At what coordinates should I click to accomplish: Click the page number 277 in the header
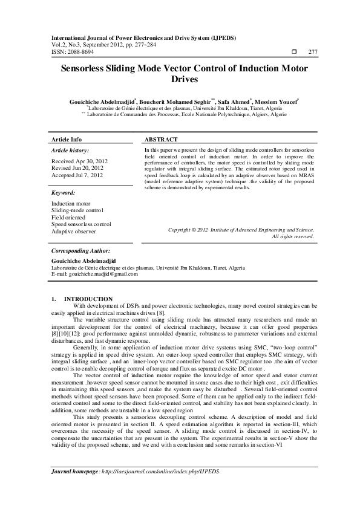(312, 53)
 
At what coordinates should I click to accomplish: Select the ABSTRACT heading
(161, 138)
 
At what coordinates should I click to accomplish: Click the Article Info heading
(67, 138)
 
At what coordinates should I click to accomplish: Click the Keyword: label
(63, 192)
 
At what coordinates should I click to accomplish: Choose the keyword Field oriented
(68, 217)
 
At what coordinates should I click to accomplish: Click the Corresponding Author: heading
(80, 250)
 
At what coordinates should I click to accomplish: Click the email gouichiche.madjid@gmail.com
(103, 273)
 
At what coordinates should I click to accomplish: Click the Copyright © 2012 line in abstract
(241, 230)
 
